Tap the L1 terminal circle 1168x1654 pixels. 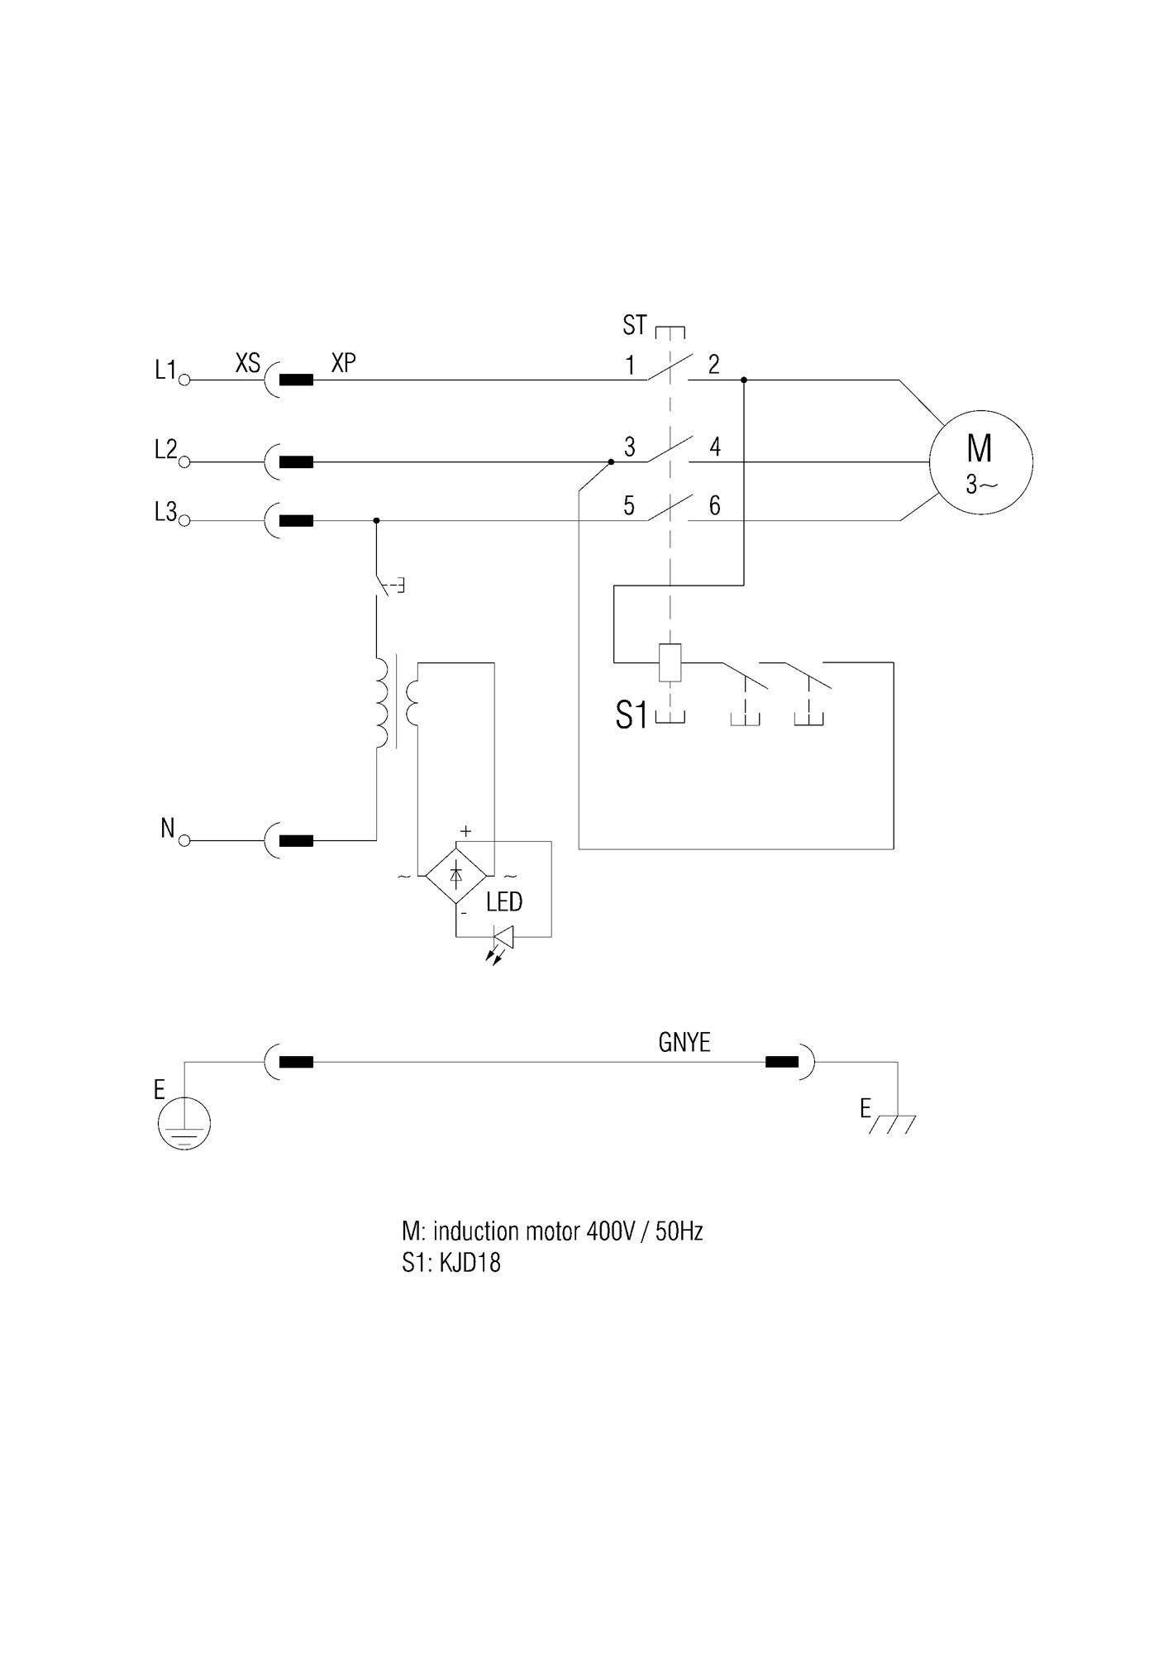185,380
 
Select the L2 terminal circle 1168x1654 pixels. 185,462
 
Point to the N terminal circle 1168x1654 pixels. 185,840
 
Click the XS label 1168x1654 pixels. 248,362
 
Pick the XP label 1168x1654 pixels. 344,362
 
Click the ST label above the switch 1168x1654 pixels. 634,326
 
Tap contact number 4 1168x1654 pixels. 715,447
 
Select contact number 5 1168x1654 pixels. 629,506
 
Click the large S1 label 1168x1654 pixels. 632,715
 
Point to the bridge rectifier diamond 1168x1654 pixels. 455,874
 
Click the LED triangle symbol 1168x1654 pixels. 504,937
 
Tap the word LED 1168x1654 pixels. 504,901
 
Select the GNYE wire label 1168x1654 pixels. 684,1042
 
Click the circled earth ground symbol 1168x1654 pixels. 184,1123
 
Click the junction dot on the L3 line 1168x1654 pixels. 377,521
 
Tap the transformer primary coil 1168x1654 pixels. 382,703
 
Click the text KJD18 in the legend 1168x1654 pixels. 471,1263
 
